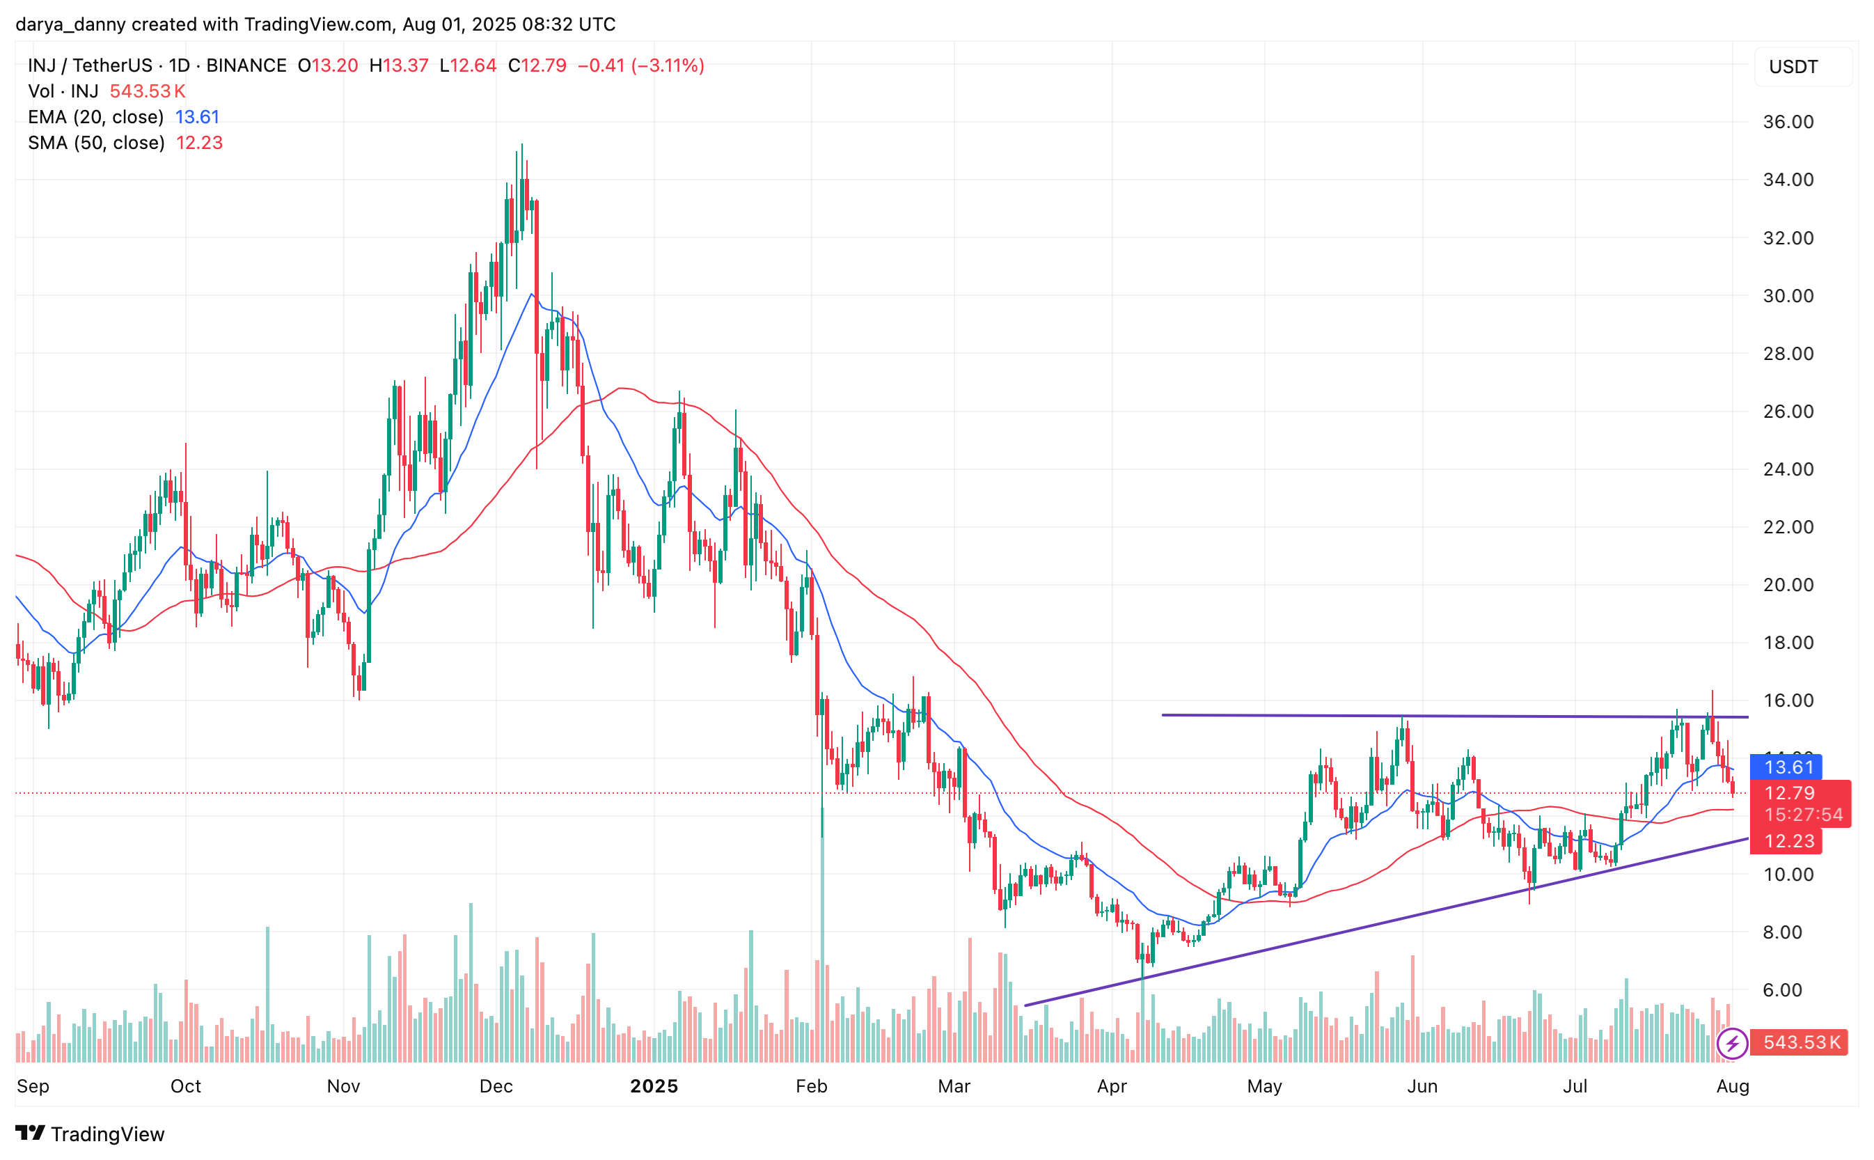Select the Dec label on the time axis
(x=496, y=1085)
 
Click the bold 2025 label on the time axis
(x=654, y=1085)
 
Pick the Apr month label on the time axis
(x=1112, y=1085)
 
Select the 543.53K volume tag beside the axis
(x=1800, y=1042)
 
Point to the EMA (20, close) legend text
(x=96, y=116)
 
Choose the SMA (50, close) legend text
(x=96, y=143)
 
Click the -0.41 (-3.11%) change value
(x=640, y=65)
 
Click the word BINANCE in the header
(x=246, y=65)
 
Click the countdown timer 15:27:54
(x=1803, y=815)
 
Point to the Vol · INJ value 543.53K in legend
(x=148, y=91)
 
